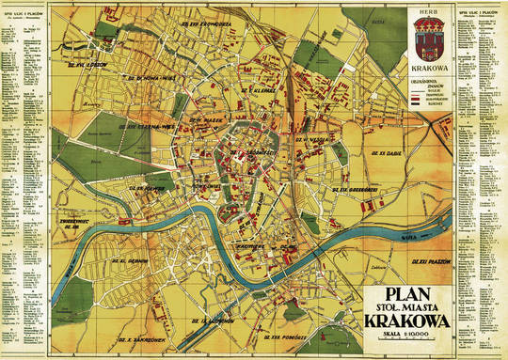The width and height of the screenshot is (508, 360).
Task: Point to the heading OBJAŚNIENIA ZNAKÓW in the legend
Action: point(424,86)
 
